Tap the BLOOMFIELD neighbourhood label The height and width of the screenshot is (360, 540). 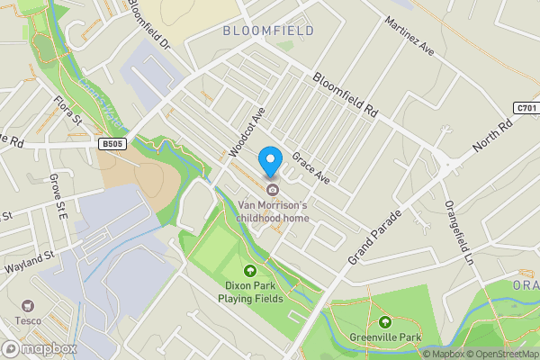tap(269, 31)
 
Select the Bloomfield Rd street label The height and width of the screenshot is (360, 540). tap(345, 94)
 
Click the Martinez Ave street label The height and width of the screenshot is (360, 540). tap(409, 36)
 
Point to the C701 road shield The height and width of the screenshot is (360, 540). tap(526, 108)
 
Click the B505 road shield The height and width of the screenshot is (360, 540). tap(111, 143)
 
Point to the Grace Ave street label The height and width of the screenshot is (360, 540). tap(310, 166)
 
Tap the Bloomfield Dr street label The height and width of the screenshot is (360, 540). tap(148, 24)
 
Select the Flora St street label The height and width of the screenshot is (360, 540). tap(67, 113)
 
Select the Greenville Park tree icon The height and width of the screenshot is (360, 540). tap(385, 322)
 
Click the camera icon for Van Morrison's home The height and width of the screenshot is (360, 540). tap(272, 188)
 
